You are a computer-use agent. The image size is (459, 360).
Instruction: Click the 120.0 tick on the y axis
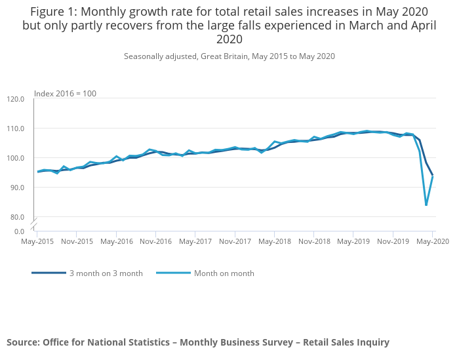(x=16, y=99)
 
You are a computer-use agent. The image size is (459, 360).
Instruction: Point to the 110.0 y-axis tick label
(x=16, y=129)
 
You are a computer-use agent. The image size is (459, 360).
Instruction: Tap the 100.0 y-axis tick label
(x=16, y=158)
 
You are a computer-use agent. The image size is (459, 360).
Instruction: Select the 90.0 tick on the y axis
(x=18, y=188)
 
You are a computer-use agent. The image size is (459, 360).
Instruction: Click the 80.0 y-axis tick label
(x=18, y=217)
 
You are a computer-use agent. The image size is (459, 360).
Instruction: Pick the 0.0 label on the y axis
(x=20, y=231)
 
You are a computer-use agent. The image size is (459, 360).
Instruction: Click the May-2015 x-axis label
(x=37, y=241)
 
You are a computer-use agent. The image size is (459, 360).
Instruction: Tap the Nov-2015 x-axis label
(x=77, y=241)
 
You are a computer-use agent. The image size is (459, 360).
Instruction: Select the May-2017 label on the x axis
(x=195, y=241)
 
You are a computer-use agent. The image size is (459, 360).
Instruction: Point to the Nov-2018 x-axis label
(x=313, y=241)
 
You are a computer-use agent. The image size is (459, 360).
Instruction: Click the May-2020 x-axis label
(x=432, y=241)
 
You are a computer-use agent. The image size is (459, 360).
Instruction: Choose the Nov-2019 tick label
(x=393, y=241)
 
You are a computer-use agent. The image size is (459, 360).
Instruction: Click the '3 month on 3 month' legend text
(x=105, y=273)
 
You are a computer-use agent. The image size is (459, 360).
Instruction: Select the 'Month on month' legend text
(x=224, y=273)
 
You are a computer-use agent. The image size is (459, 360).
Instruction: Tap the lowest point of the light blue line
(x=426, y=205)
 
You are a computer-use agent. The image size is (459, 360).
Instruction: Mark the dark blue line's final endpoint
(x=433, y=175)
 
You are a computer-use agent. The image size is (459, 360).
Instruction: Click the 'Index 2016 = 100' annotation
(x=65, y=94)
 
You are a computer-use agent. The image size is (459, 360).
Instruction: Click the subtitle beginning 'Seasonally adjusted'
(x=229, y=56)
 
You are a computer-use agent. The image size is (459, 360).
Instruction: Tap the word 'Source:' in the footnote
(x=22, y=342)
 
